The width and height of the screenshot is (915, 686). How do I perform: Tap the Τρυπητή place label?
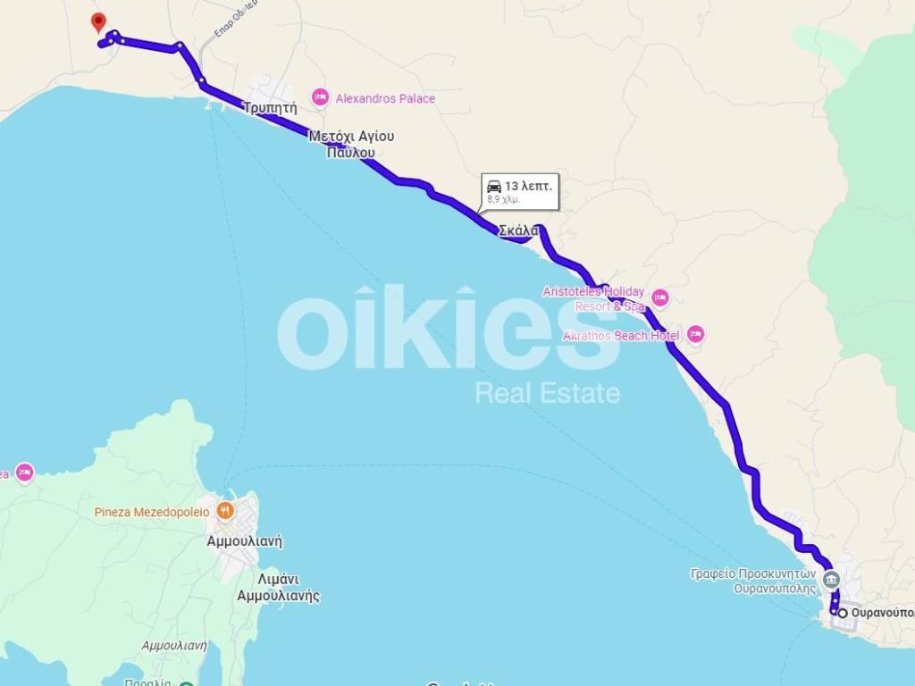(269, 107)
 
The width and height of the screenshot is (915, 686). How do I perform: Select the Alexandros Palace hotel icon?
(320, 97)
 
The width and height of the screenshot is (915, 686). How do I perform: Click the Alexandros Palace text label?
(385, 98)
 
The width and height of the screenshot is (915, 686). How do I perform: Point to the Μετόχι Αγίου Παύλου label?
(351, 145)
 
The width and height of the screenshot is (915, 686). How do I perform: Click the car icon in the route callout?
(493, 186)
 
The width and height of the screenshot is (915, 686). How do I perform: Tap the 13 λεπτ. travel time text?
(529, 186)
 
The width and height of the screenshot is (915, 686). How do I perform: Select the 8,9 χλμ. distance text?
(503, 200)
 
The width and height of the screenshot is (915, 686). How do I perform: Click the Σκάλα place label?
(518, 230)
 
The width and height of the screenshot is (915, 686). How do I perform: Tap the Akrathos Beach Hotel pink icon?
(695, 335)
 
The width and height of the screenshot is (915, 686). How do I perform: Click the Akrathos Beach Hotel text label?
(622, 336)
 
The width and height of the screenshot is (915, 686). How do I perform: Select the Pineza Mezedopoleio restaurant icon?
(225, 512)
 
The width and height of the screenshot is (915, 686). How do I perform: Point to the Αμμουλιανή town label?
(244, 540)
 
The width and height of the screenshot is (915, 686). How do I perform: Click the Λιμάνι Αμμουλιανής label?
(278, 587)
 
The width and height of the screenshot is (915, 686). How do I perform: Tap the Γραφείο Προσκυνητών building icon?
(831, 580)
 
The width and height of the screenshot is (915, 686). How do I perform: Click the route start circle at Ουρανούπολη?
(842, 613)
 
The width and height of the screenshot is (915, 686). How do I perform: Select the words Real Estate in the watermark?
(547, 392)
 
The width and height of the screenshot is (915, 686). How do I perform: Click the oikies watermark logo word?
(447, 329)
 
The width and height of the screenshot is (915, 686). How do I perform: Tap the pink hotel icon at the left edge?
(24, 473)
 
